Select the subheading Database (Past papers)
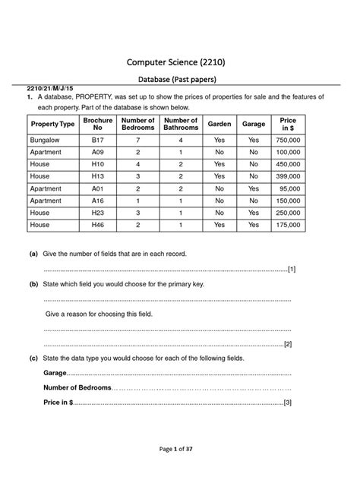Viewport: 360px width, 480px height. point(180,78)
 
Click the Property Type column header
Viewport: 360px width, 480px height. point(52,125)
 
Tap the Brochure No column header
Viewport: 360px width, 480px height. point(98,125)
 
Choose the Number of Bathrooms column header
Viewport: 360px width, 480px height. point(181,125)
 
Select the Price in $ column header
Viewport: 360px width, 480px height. point(288,125)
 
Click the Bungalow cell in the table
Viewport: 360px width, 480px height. point(44,141)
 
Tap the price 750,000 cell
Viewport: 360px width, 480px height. point(289,141)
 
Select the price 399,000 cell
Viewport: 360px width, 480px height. point(289,176)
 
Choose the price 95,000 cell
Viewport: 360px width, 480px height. point(290,188)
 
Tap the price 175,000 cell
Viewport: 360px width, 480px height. point(289,226)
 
